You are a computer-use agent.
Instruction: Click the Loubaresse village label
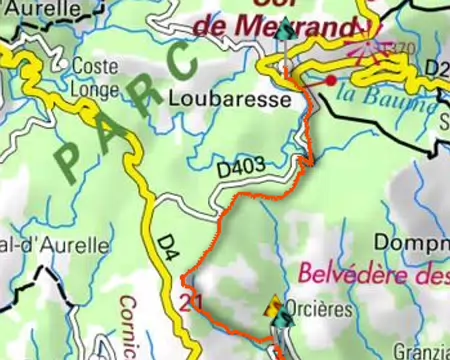point(230,100)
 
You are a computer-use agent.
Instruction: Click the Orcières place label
point(319,309)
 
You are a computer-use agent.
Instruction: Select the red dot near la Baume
point(330,80)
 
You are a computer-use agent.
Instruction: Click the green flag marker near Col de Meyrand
point(286,30)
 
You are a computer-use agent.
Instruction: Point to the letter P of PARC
point(71,160)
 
